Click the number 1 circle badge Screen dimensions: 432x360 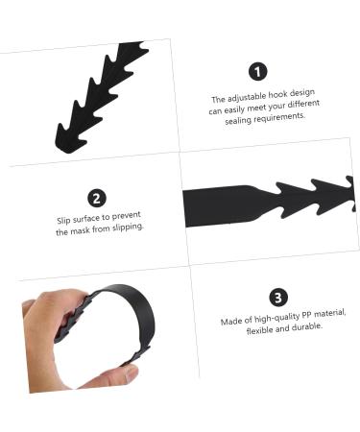257,71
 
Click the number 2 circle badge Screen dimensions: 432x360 97,199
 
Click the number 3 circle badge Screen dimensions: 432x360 278,298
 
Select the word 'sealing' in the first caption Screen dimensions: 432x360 238,119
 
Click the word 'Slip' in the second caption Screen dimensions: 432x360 65,221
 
